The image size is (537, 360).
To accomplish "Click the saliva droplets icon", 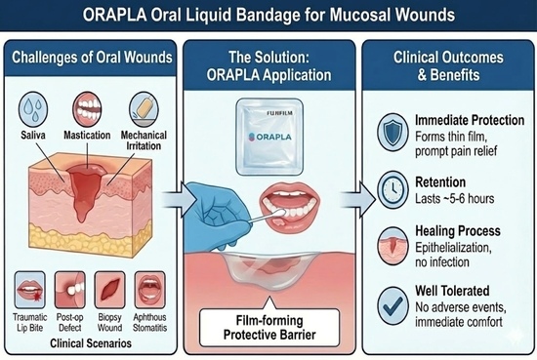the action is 33,109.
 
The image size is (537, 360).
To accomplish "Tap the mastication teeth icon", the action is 87,109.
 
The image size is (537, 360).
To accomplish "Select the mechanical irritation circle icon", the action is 144,109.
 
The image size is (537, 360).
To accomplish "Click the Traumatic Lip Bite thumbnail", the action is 30,290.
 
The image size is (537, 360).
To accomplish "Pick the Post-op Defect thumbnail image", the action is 69,290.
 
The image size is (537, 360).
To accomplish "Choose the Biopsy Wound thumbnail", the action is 109,290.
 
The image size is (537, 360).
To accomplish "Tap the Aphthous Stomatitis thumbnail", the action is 149,290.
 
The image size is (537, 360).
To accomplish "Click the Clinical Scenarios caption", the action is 91,343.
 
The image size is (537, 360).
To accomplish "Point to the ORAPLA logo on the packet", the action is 269,137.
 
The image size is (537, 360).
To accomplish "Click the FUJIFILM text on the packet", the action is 280,113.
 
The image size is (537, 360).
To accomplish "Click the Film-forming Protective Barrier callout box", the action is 269,328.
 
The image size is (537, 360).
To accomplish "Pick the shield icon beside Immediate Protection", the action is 392,133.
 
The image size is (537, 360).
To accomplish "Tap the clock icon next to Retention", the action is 392,190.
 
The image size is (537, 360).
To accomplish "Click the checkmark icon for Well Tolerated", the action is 392,305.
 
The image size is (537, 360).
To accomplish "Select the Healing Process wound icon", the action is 392,246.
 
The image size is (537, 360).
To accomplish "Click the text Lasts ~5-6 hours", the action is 454,198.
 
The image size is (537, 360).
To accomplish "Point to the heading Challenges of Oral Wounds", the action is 92,58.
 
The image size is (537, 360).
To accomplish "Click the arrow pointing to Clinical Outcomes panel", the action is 358,199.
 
